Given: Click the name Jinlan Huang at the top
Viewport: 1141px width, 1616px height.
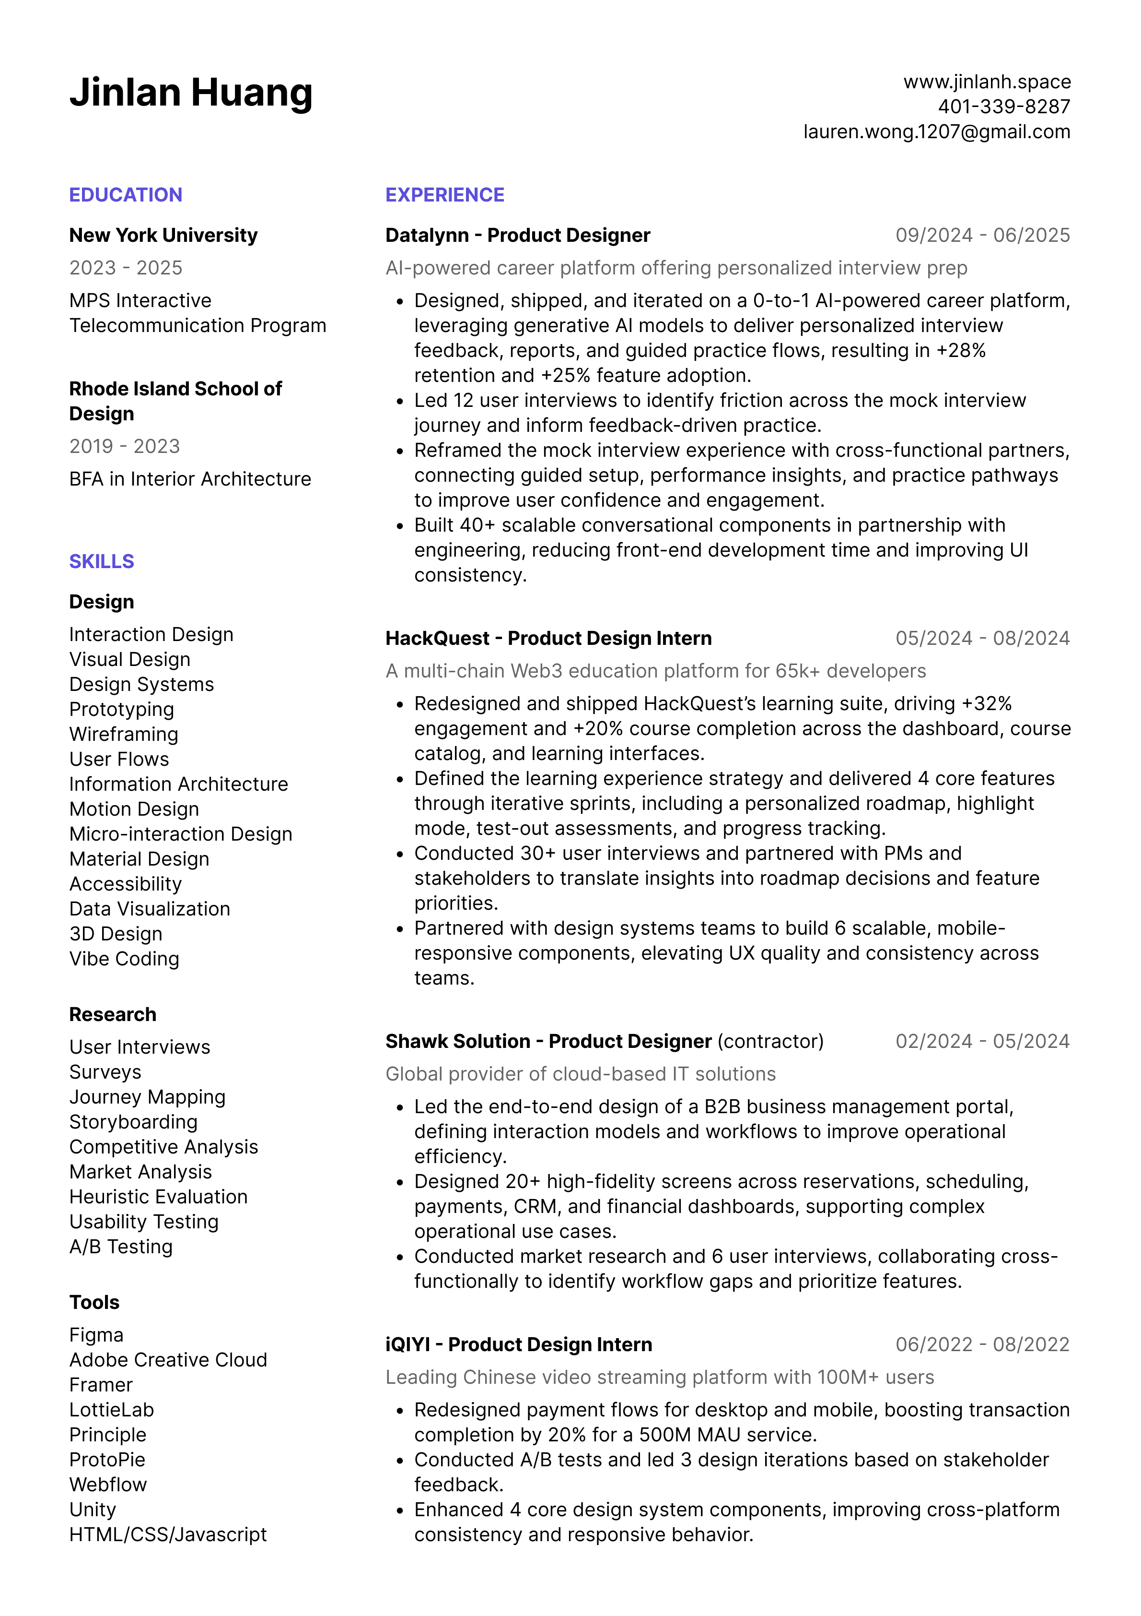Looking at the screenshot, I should point(191,93).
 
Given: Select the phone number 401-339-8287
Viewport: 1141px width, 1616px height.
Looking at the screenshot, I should point(1004,107).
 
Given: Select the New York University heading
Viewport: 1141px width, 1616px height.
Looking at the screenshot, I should point(163,235).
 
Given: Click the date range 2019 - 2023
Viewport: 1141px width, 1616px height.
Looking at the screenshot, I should point(125,446).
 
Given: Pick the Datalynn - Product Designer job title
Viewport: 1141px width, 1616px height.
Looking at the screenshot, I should point(518,235).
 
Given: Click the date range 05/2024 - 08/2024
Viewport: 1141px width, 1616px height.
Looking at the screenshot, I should point(982,638).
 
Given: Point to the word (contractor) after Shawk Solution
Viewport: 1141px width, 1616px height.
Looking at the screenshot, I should point(770,1041).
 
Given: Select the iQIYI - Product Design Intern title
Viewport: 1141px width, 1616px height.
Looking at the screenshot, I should point(518,1344).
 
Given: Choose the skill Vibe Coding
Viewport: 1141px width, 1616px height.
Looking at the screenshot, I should point(125,959).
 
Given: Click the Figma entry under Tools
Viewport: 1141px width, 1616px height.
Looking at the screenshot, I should point(96,1335).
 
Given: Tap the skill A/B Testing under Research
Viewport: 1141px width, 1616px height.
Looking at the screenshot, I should point(121,1247).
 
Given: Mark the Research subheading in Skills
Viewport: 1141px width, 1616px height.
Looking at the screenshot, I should point(113,1014).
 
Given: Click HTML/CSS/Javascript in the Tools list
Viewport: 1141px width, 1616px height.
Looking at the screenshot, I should point(168,1534).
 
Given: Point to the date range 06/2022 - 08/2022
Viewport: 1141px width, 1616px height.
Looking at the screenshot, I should point(982,1344).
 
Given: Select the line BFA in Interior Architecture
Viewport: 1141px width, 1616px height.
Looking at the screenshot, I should point(190,478).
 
